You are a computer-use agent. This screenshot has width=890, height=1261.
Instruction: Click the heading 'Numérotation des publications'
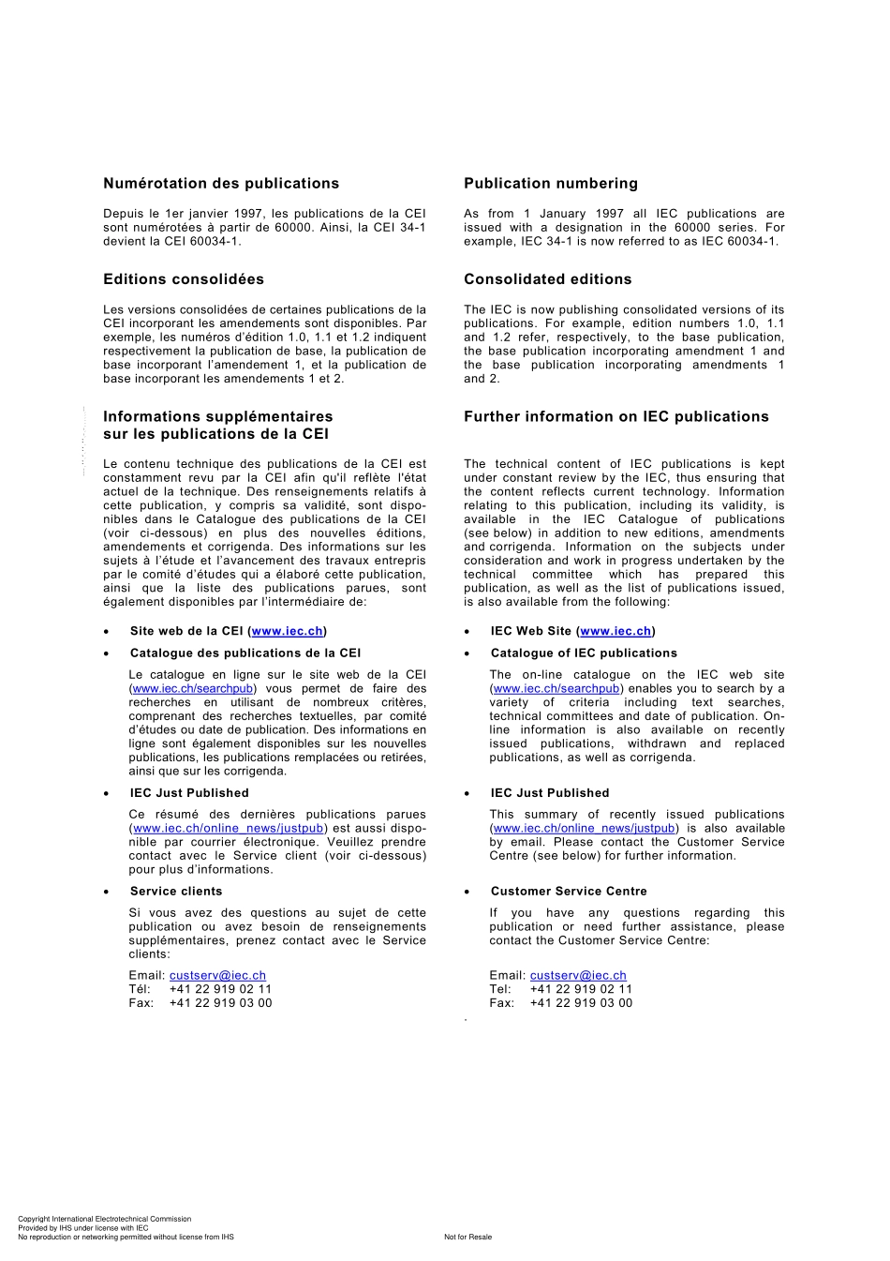pyautogui.click(x=221, y=184)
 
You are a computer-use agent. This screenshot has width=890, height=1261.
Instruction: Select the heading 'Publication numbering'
pyautogui.click(x=550, y=184)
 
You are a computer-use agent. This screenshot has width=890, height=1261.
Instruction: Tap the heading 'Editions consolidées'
pyautogui.click(x=184, y=279)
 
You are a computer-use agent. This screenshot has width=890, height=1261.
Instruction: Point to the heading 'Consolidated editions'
pyautogui.click(x=547, y=279)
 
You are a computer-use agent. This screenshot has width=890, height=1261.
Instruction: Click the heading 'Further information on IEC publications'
pyautogui.click(x=616, y=417)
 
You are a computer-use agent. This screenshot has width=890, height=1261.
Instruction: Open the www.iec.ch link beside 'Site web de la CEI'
pyautogui.click(x=288, y=632)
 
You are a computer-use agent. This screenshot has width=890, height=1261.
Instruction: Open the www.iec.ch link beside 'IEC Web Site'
pyautogui.click(x=616, y=632)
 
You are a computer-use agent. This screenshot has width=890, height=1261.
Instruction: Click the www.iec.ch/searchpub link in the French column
pyautogui.click(x=193, y=689)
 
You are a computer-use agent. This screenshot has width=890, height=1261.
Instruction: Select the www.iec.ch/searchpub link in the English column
pyautogui.click(x=556, y=689)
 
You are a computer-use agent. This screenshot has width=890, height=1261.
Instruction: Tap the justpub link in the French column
pyautogui.click(x=229, y=829)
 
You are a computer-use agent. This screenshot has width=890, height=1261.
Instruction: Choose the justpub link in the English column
pyautogui.click(x=584, y=829)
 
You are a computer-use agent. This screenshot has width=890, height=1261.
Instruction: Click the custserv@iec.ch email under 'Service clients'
pyautogui.click(x=217, y=976)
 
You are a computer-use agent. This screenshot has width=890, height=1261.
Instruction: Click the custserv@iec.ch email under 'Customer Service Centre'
pyautogui.click(x=578, y=976)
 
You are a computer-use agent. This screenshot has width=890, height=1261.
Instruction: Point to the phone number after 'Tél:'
pyautogui.click(x=220, y=989)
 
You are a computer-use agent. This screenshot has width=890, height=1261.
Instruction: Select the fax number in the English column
pyautogui.click(x=581, y=1003)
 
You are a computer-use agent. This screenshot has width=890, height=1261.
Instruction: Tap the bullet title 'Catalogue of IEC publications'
pyautogui.click(x=584, y=653)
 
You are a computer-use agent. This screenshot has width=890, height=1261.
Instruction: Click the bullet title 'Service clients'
pyautogui.click(x=176, y=892)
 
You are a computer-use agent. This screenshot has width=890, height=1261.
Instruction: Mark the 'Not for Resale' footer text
pyautogui.click(x=467, y=1238)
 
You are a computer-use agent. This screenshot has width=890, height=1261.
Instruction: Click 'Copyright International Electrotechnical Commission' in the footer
pyautogui.click(x=104, y=1219)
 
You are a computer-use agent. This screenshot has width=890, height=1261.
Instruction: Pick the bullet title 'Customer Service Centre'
pyautogui.click(x=569, y=892)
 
